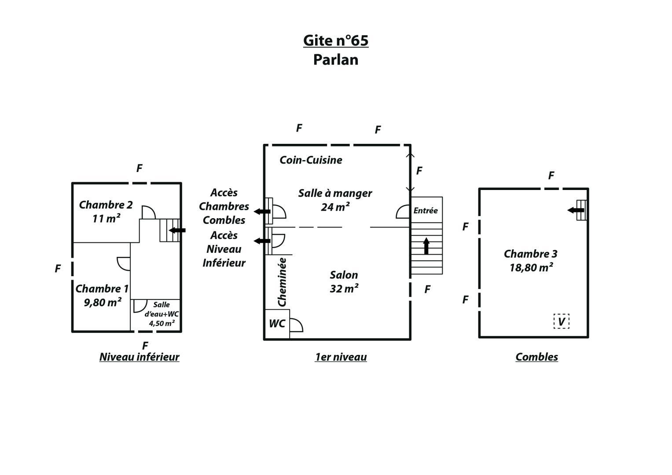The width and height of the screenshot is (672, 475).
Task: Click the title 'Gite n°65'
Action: pos(336,40)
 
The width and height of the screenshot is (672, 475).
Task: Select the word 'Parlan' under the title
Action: pos(336,60)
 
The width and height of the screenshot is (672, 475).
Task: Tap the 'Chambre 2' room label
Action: pos(106,205)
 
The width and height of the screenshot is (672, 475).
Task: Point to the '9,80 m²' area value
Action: pos(103,302)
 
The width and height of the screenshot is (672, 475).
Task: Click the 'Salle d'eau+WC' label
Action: pos(162,309)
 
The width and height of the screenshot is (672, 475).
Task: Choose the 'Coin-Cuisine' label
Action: pos(311,160)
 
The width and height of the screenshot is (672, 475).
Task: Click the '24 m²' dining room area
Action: pos(335,207)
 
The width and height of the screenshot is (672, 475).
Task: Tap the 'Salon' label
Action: pos(344,275)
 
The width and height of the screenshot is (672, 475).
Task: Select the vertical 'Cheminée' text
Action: pos(282,282)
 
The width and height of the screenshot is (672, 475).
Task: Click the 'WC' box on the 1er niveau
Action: pos(277,324)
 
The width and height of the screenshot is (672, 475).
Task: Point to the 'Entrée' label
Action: pos(426,211)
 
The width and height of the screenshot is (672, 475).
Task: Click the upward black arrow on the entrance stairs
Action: pos(426,246)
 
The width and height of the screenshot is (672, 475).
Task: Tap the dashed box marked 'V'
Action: pos(561,321)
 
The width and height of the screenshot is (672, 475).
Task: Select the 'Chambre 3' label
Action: pos(530,254)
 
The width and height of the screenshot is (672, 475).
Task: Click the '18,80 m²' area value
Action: pos(531,267)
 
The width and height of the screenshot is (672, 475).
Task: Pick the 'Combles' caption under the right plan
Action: pos(537,357)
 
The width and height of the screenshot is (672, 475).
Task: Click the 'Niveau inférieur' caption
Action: pos(139,357)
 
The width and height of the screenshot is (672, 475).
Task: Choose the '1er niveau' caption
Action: pos(341,357)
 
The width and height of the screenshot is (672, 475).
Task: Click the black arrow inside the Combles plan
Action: pos(575,210)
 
